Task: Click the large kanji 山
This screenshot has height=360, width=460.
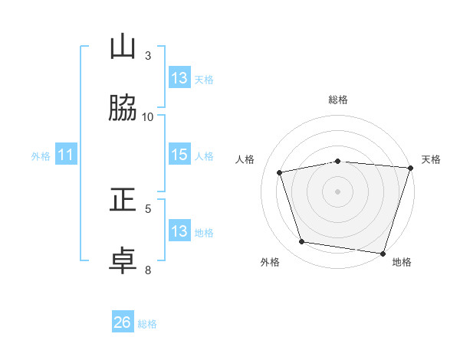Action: coord(123,46)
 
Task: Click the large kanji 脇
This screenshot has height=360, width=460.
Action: coord(123,107)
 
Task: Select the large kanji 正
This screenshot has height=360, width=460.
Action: coord(123,199)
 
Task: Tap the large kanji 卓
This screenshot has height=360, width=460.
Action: coord(123,260)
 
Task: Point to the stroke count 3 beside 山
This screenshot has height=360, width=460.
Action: coord(148,56)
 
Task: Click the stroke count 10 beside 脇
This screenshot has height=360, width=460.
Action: coord(147,117)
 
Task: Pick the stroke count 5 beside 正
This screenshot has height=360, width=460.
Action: coord(148,209)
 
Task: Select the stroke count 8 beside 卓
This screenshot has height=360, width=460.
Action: coord(148,270)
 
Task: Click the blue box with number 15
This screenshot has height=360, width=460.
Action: coord(179,154)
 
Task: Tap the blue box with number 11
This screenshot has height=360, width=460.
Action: coord(66,154)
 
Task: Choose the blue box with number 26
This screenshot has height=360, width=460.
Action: coord(123,321)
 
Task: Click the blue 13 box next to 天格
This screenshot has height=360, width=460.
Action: coord(179,77)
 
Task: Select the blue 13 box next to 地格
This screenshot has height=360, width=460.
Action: coord(179,231)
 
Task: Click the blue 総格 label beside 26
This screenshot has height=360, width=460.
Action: coord(147,324)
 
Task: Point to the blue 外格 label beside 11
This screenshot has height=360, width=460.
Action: coord(41,156)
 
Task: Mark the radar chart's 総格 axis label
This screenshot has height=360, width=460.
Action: coord(338,100)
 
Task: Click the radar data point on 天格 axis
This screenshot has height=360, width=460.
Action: coord(411,168)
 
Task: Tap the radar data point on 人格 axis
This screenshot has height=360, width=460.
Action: coord(279,172)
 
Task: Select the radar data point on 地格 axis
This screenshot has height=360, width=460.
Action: coord(383,254)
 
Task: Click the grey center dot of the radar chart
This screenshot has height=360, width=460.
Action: coord(337,191)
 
